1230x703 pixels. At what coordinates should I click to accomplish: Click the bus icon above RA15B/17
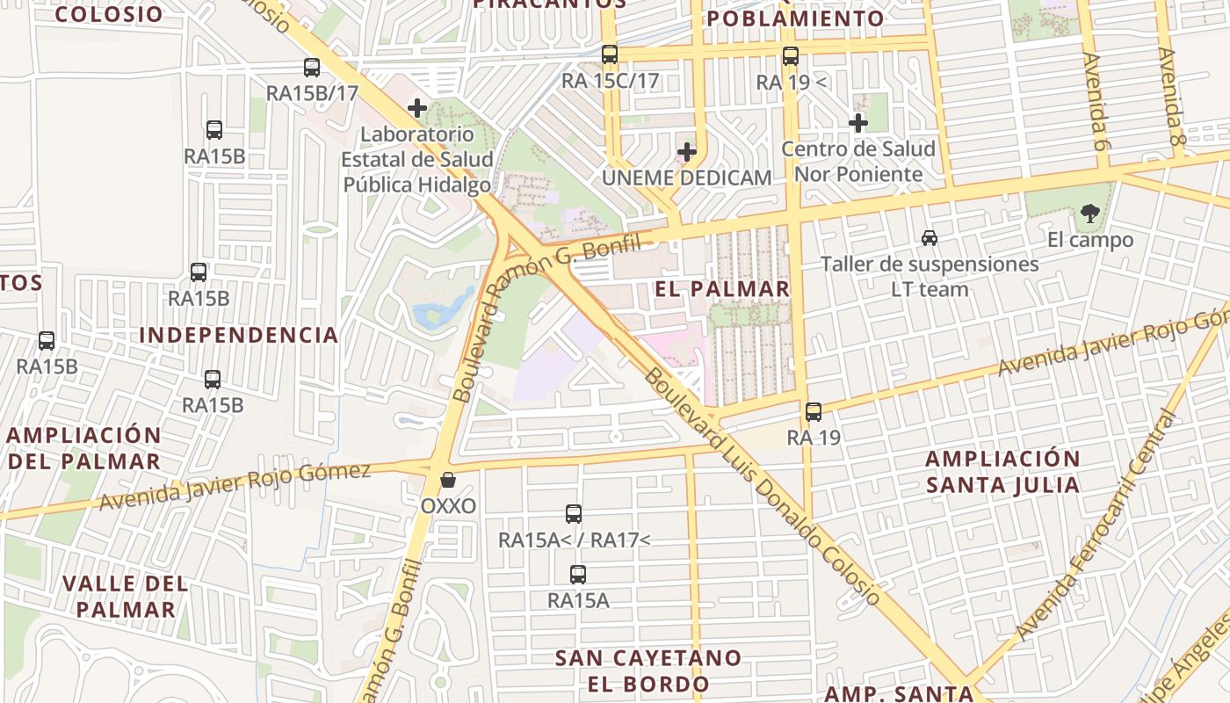312,68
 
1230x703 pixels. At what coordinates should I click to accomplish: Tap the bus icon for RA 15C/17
610,54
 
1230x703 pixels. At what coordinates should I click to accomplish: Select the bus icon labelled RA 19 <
791,56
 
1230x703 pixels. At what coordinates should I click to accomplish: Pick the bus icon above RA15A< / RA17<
574,514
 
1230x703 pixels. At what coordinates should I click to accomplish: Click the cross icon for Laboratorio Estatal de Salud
417,109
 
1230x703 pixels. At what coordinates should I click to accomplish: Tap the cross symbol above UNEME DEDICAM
687,152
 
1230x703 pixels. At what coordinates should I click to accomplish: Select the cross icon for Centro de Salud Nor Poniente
858,123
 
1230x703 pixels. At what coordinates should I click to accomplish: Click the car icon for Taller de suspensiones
930,237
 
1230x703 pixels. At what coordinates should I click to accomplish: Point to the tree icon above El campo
1090,213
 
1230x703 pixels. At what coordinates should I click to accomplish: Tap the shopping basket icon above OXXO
448,480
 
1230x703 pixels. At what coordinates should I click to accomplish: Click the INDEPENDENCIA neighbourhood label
239,335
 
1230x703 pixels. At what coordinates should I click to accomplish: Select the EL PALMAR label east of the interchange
722,289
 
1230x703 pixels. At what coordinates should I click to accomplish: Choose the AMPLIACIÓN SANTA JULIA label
1002,472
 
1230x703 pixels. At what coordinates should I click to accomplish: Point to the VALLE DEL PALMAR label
126,596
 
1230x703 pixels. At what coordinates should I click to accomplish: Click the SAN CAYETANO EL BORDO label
648,670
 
